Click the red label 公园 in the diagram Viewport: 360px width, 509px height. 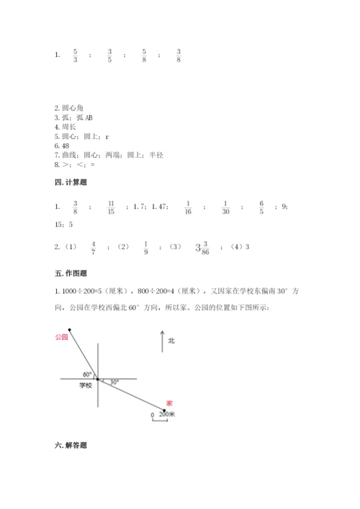point(60,337)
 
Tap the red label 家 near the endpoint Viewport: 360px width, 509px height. point(169,402)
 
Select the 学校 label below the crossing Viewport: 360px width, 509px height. point(86,386)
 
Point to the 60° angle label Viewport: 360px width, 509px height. point(87,374)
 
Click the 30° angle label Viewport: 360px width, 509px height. point(115,382)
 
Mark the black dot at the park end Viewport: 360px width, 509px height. point(70,329)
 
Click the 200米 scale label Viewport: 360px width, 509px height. point(167,415)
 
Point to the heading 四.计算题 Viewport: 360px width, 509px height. point(71,184)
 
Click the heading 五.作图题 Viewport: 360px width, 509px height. point(71,273)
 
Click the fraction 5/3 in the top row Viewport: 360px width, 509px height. point(76,55)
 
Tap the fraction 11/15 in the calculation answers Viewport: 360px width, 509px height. point(110,207)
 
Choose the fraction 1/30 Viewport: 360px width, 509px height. point(225,207)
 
